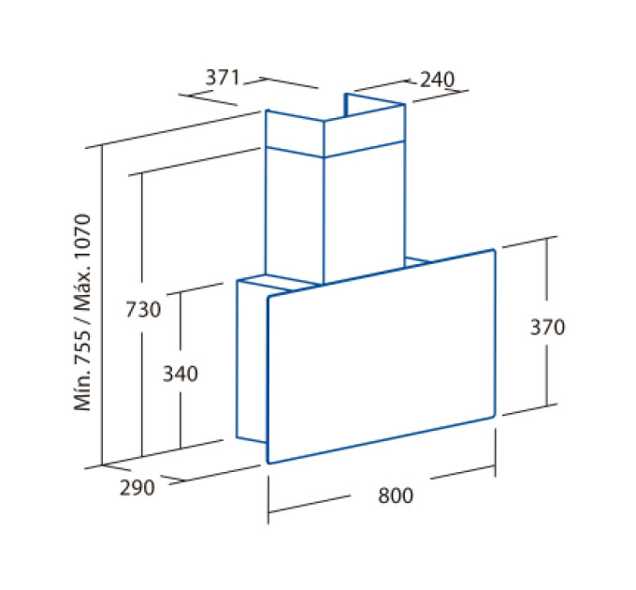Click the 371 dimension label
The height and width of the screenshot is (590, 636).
point(223,78)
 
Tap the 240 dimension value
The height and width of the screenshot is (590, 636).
point(438,80)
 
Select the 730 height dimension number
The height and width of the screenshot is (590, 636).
point(143,309)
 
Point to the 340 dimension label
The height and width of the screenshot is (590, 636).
point(181,374)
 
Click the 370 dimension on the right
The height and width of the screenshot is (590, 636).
point(547,327)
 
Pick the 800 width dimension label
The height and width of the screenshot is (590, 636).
point(396,495)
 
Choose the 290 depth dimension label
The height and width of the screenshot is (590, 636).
point(137,487)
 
